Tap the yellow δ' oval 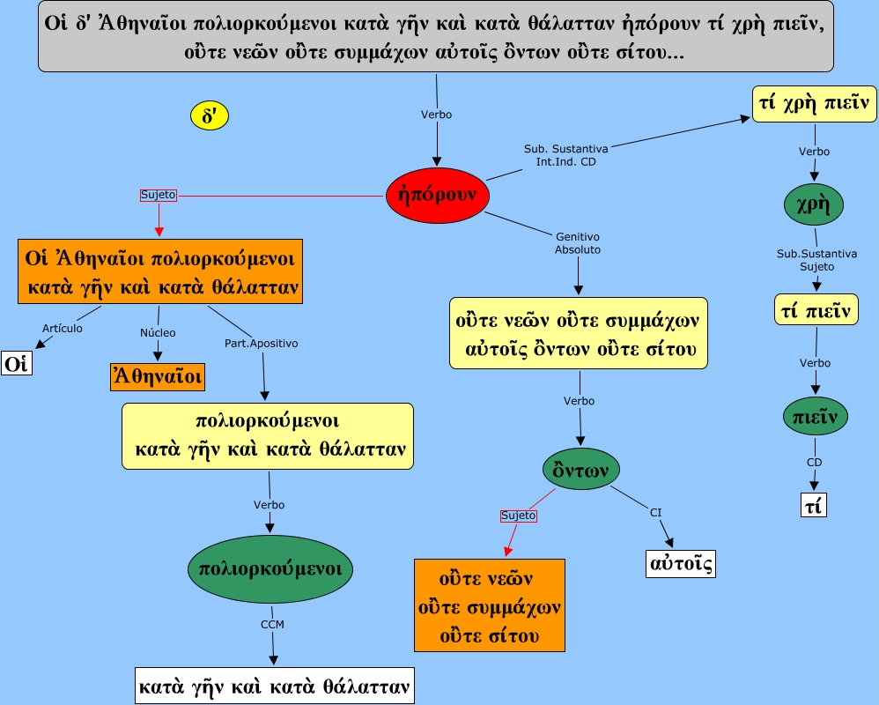(x=210, y=115)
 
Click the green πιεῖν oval (x=815, y=416)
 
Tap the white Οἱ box (x=17, y=363)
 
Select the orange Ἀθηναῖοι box (x=157, y=377)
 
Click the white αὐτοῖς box (x=680, y=562)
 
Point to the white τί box (x=814, y=505)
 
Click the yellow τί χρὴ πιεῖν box (x=814, y=104)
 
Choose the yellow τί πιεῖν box (x=815, y=309)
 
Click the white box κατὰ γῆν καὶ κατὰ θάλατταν (x=274, y=685)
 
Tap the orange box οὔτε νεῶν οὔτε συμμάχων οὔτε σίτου (x=490, y=607)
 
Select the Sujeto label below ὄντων (x=518, y=515)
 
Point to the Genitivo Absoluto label (x=578, y=243)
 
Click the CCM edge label (x=272, y=624)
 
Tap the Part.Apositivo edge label (x=262, y=343)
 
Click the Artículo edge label (x=63, y=329)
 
